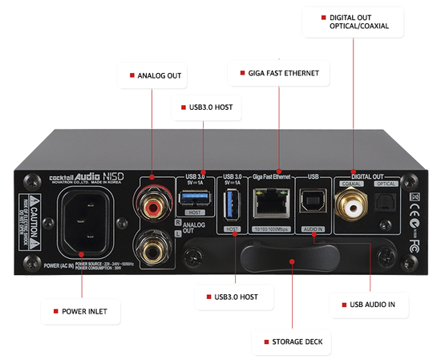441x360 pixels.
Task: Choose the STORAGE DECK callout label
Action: pyautogui.click(x=293, y=342)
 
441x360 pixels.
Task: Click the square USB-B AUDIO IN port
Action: pyautogui.click(x=312, y=205)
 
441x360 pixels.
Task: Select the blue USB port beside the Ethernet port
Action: pyautogui.click(x=233, y=205)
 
